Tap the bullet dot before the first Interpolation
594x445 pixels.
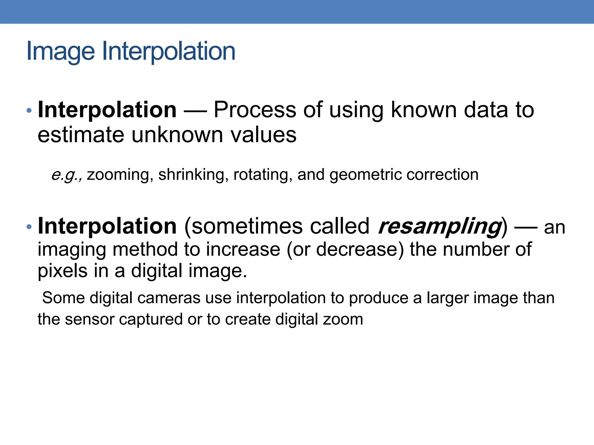[x=28, y=110]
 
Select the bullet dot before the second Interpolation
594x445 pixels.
[x=28, y=227]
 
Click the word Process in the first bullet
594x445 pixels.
[x=255, y=110]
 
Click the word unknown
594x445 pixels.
[x=178, y=135]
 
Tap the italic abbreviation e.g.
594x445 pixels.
[x=66, y=175]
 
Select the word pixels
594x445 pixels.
[x=63, y=271]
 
